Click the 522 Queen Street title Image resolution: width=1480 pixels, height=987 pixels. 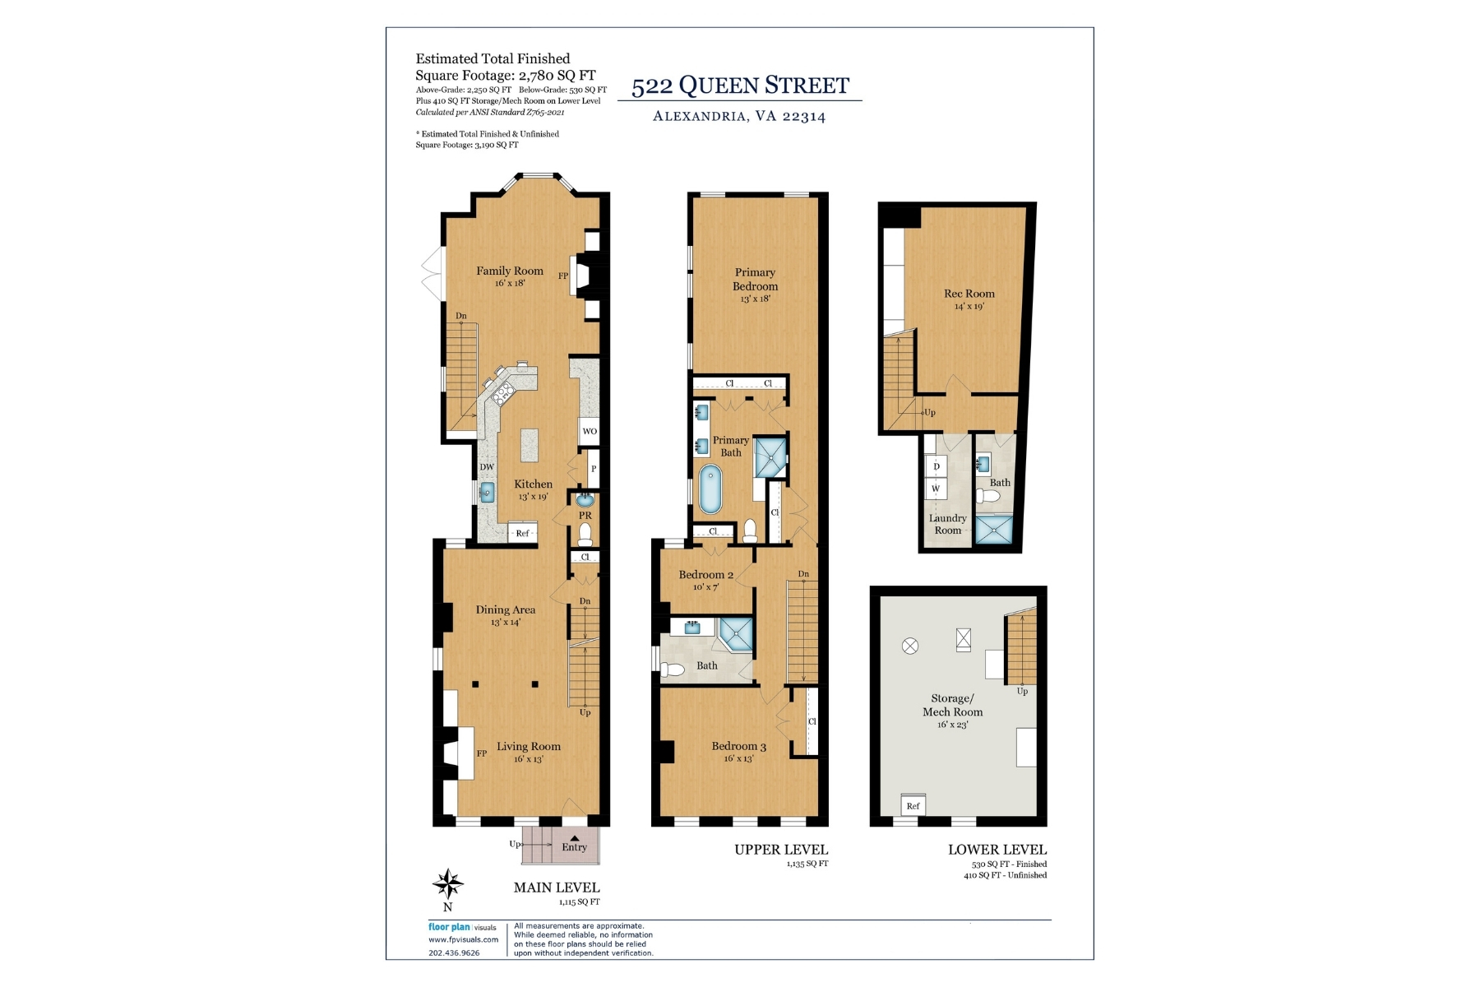point(740,86)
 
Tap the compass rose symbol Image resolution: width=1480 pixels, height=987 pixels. point(448,884)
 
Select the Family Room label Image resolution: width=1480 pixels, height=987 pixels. point(510,271)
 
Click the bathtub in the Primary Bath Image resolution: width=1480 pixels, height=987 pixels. point(710,489)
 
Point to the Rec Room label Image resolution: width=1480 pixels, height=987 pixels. point(969,294)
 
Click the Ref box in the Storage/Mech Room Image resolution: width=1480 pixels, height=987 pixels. point(913,805)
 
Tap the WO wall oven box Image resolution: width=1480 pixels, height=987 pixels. point(590,431)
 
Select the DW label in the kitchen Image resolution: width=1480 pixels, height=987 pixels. point(487,467)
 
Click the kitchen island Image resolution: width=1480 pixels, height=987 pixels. point(530,445)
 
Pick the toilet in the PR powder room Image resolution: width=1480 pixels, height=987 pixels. point(585,535)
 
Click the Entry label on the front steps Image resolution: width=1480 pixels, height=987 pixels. point(575,847)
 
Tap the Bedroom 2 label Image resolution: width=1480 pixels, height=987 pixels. point(706,575)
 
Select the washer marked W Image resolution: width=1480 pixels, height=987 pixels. point(936,489)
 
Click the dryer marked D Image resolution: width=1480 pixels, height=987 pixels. point(936,466)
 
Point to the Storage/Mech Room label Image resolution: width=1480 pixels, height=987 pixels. point(952,705)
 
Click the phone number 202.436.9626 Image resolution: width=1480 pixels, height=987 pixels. point(454,953)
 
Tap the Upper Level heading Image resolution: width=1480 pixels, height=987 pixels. point(781,850)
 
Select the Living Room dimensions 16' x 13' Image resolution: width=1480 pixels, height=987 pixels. point(529,759)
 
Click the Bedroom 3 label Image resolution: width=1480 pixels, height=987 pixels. point(739,746)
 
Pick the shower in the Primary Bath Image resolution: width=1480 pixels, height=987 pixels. point(771,456)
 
